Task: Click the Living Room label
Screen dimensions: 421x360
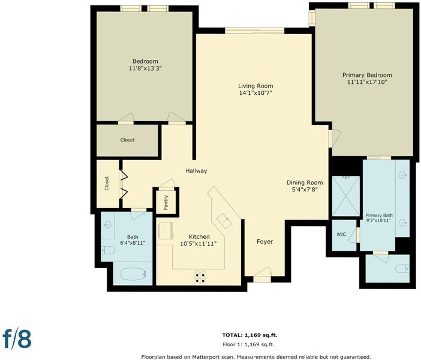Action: coord(255,86)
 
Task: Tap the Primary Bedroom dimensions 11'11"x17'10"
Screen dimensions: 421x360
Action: coord(367,82)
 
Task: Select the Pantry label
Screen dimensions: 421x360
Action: coord(166,202)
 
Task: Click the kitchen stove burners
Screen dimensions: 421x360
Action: coord(200,278)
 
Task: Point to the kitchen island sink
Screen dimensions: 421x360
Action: coord(224,220)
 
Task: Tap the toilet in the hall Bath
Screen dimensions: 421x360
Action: coord(108,250)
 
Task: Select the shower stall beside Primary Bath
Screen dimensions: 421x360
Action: coord(346,196)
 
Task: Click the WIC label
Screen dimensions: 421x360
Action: coord(341,234)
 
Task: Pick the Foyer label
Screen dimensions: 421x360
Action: coord(264,242)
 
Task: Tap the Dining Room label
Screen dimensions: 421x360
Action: coord(305,182)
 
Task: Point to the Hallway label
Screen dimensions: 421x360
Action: coord(196,171)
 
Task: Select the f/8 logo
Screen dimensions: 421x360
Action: coord(17,339)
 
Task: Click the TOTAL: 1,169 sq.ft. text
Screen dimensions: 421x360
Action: coord(249,335)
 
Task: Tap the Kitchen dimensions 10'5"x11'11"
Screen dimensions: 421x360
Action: coord(199,244)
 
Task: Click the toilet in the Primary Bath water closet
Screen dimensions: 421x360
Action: coord(402,268)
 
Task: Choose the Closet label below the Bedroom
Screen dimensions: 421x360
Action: coord(127,140)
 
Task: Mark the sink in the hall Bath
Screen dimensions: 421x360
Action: coord(108,224)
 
